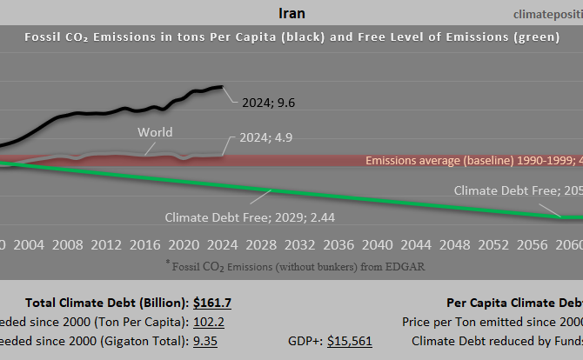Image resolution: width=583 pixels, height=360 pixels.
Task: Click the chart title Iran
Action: coord(291,13)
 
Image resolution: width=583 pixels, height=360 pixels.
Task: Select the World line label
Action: coord(155,132)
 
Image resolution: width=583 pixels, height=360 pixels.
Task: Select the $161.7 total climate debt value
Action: coord(211,303)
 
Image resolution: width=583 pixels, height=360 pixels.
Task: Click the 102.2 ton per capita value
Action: coord(208,322)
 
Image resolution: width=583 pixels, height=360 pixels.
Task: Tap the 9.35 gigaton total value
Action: coord(205,341)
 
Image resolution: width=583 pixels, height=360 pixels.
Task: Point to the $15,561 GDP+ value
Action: coord(349,341)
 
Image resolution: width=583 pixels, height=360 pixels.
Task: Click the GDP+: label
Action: coord(304,341)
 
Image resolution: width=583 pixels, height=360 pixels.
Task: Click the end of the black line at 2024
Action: coord(222,87)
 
